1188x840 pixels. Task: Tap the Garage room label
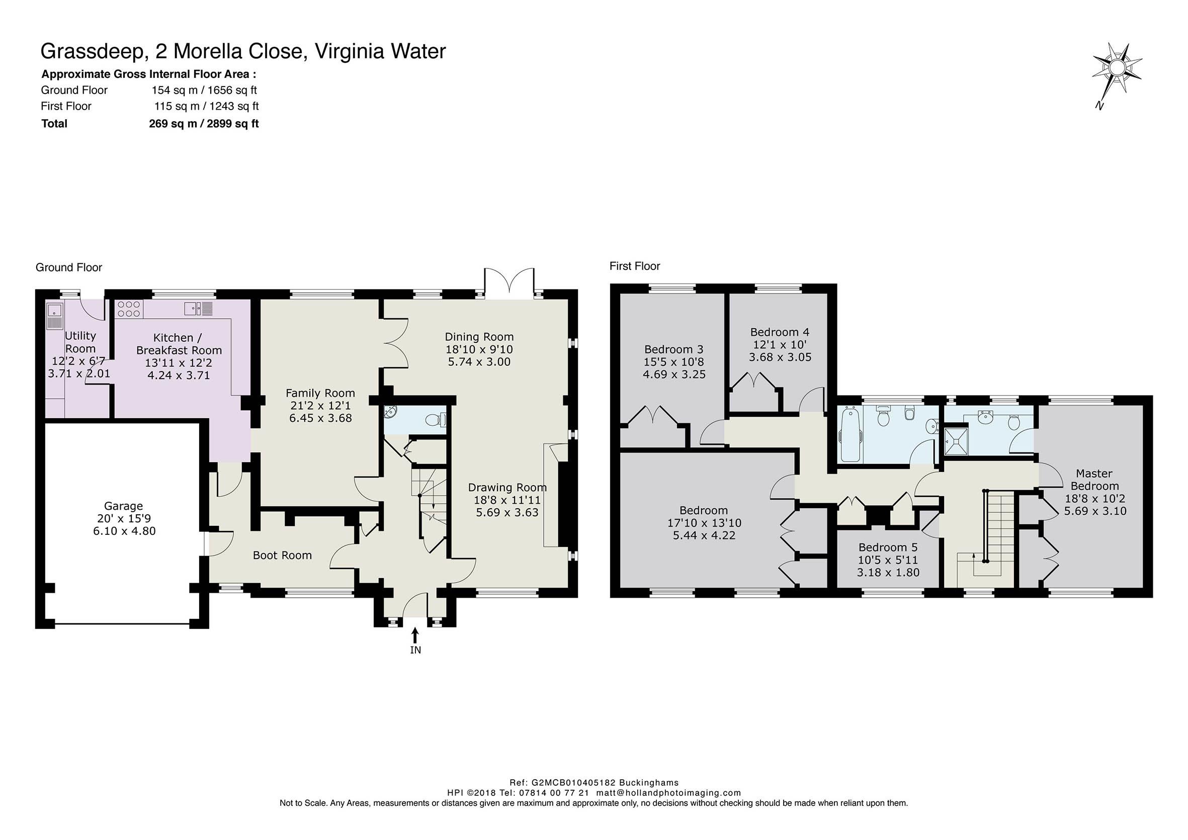point(123,506)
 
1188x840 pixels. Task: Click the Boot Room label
point(282,555)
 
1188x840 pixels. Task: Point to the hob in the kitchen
point(129,309)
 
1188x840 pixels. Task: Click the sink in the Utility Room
point(54,317)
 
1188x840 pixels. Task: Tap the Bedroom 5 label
point(888,547)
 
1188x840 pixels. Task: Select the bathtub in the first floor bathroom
point(851,433)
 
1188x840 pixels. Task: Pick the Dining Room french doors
point(509,284)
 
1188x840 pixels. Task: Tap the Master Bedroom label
point(1094,480)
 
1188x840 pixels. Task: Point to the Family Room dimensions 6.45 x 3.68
point(320,418)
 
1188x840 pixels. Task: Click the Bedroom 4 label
point(780,332)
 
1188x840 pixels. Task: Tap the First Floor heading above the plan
point(635,266)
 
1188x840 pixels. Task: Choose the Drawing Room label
point(507,487)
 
